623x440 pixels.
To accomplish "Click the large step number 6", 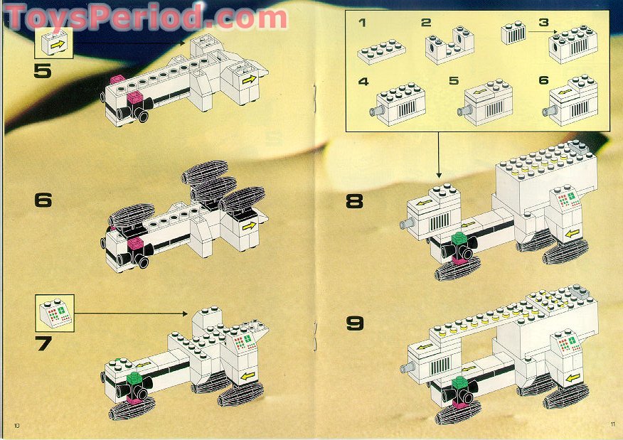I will [x=43, y=200].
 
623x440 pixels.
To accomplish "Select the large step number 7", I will [x=43, y=344].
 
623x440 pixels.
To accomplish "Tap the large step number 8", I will [x=354, y=201].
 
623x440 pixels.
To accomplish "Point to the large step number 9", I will [x=354, y=324].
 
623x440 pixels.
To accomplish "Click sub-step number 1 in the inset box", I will [x=362, y=23].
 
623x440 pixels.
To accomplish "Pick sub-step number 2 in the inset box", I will [x=425, y=23].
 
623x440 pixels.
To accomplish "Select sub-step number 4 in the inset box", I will [x=363, y=82].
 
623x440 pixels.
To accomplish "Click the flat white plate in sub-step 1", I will [x=382, y=51].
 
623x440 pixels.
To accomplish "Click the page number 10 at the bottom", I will [x=16, y=425].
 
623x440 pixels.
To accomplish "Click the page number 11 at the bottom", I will [x=612, y=425].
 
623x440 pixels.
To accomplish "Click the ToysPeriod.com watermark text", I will [x=146, y=16].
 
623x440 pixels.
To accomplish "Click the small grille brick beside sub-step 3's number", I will [x=515, y=33].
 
